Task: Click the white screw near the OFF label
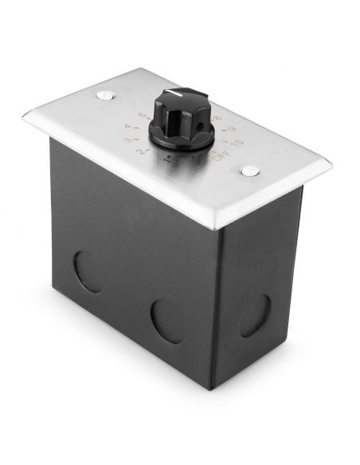(251, 170)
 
